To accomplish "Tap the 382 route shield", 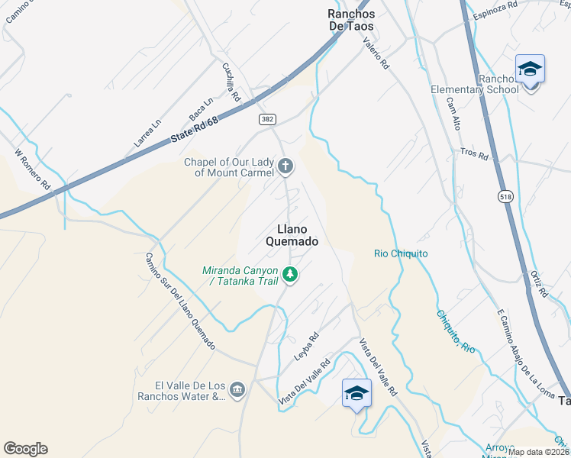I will [266, 119].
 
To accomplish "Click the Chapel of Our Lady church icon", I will [285, 166].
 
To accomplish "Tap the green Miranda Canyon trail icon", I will [289, 273].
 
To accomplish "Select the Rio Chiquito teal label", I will [401, 253].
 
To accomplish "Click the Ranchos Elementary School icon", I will [530, 70].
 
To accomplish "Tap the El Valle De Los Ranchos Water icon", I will [237, 390].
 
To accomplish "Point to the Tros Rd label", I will [473, 153].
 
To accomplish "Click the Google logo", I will [25, 449].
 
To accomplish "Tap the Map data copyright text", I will [538, 452].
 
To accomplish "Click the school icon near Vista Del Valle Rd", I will [356, 393].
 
